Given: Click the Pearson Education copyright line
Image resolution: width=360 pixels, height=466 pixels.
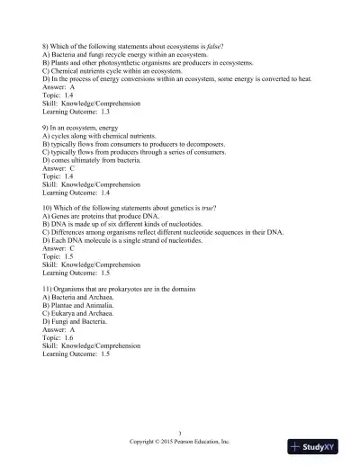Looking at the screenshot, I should tap(180, 443).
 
